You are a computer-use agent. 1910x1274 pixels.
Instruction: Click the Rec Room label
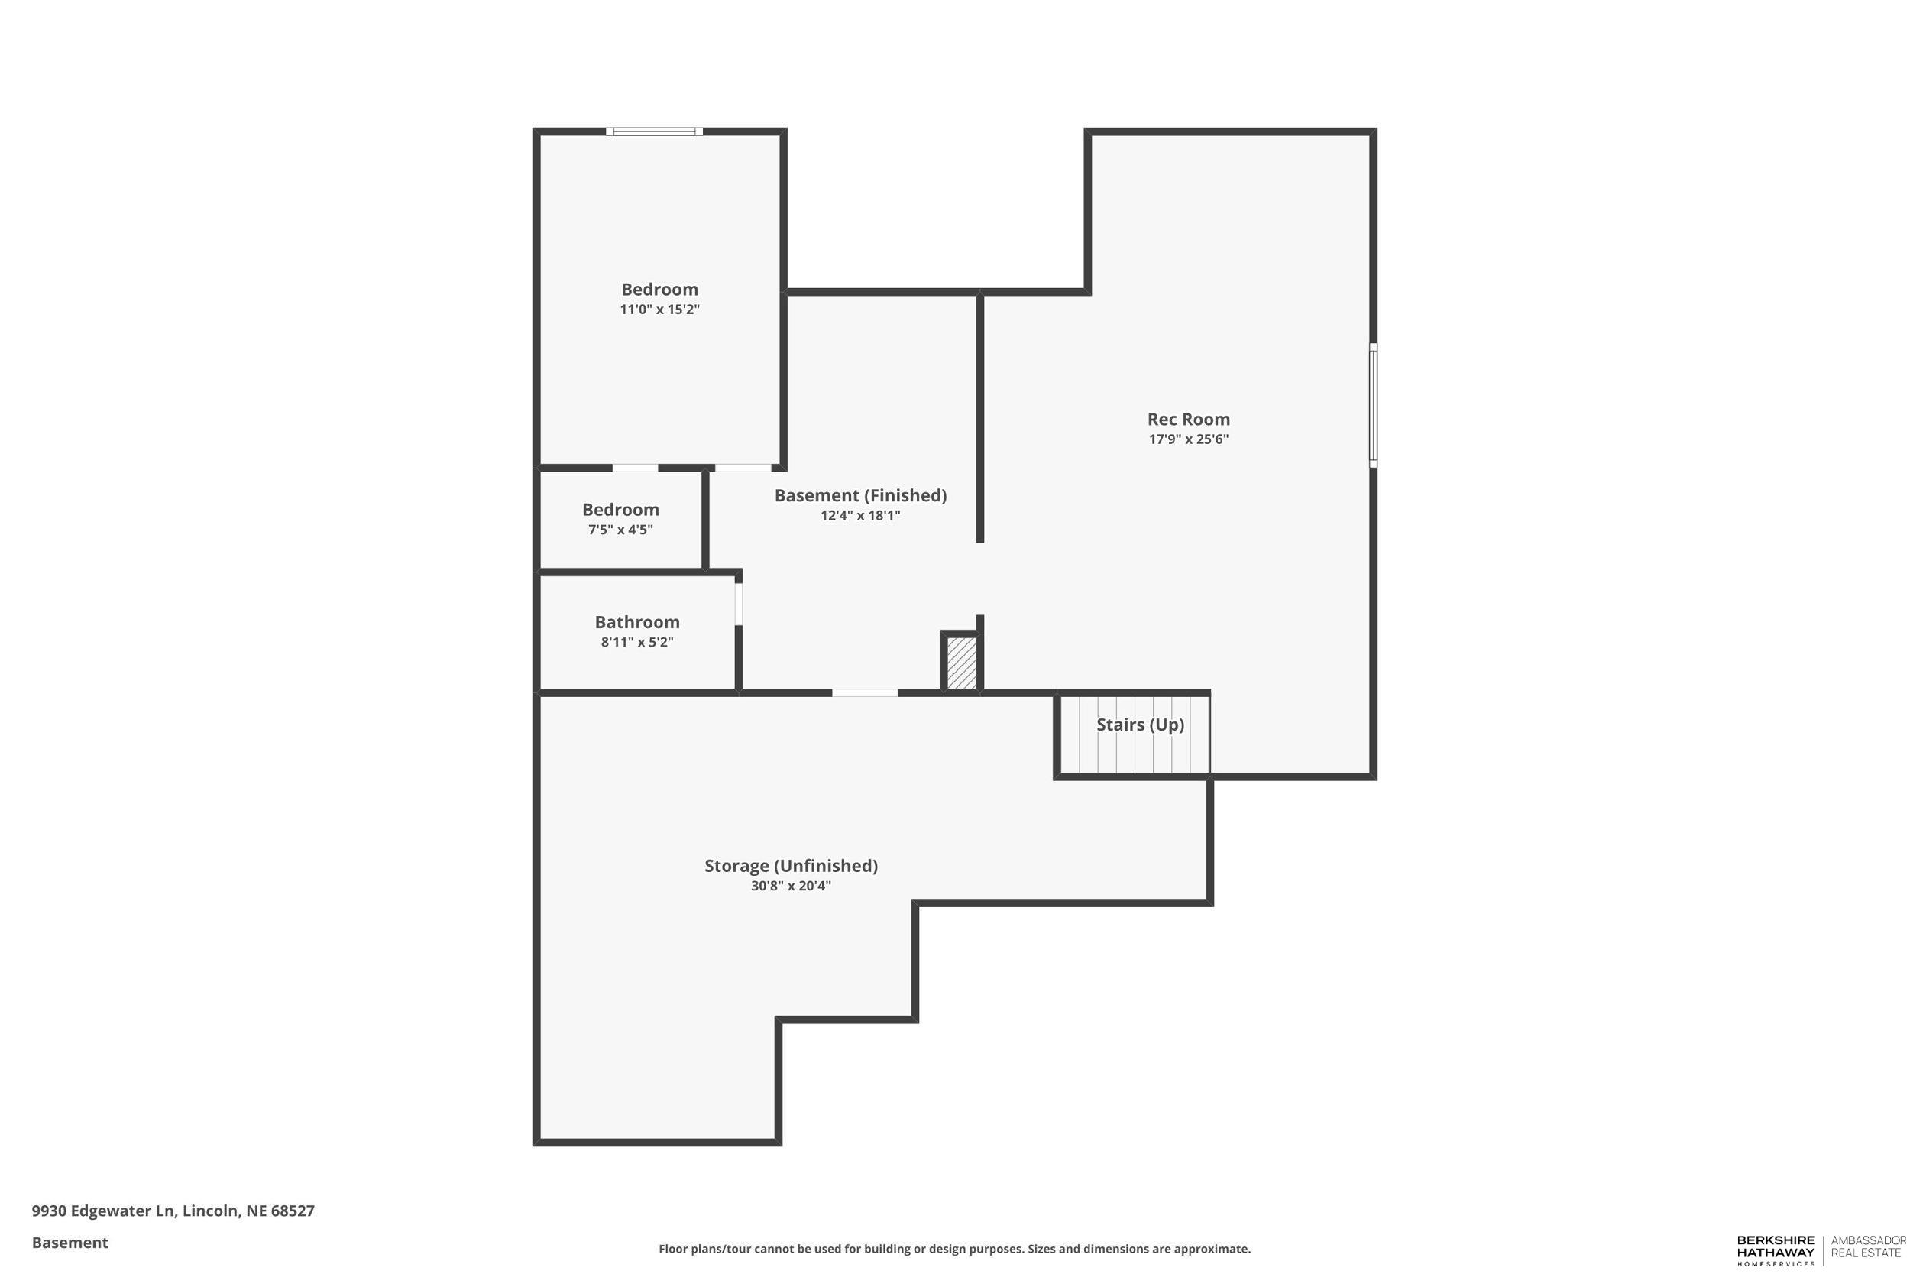coord(1187,420)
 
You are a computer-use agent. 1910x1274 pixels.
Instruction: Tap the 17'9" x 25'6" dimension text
coord(1187,439)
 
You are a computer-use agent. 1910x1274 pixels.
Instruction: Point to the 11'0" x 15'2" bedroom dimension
coord(659,310)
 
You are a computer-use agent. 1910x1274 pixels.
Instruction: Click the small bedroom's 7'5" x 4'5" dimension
coord(620,530)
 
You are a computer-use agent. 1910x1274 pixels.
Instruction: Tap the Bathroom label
coord(636,622)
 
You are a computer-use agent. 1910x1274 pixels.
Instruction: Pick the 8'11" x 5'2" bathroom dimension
coord(636,642)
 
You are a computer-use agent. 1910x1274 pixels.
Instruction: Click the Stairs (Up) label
coord(1139,724)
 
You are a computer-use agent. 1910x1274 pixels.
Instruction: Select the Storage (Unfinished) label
coord(790,865)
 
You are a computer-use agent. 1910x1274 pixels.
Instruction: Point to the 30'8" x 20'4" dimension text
coord(790,886)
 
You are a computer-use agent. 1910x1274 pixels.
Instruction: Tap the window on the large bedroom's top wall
coord(654,131)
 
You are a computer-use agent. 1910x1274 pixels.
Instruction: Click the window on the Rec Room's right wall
coord(1372,404)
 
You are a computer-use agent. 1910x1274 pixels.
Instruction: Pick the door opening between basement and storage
coord(864,693)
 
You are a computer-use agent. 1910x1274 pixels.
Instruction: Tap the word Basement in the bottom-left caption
coord(70,1243)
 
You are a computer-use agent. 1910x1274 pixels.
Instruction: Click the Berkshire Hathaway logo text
coord(1776,1248)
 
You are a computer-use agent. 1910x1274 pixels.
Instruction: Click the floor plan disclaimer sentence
coord(954,1249)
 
